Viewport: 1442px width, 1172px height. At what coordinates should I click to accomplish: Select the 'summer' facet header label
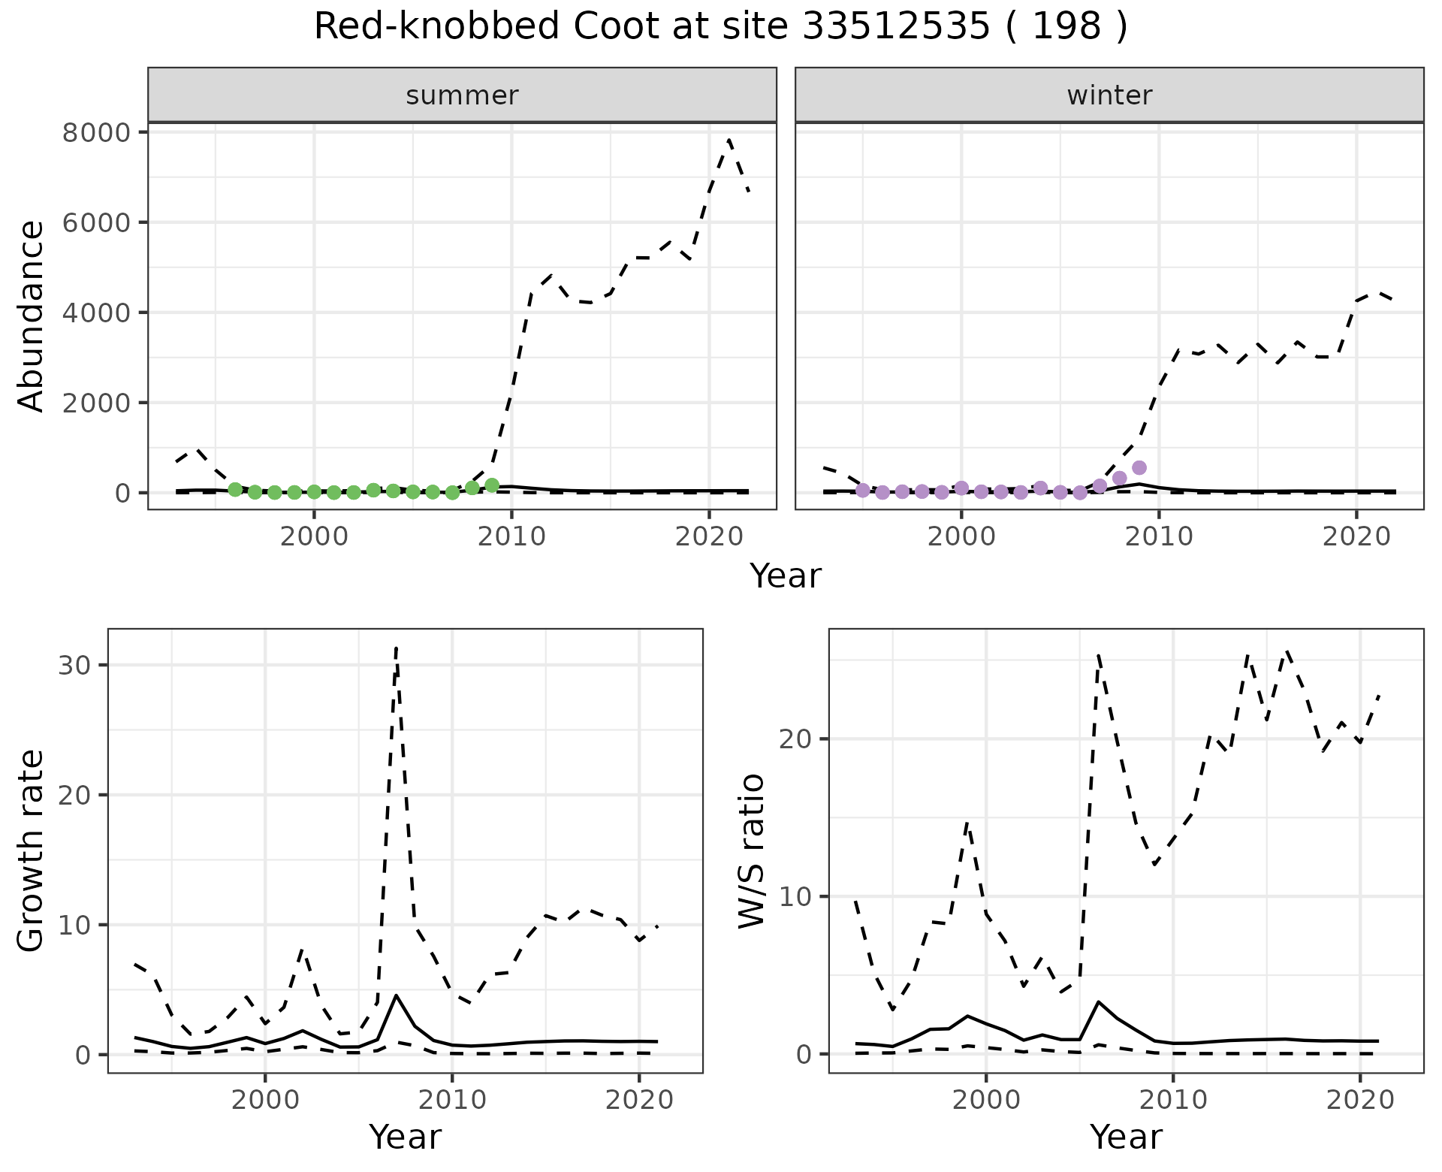pyautogui.click(x=462, y=95)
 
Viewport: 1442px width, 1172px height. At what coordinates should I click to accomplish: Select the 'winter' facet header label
pyautogui.click(x=1109, y=95)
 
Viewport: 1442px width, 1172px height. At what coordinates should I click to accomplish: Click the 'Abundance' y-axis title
pyautogui.click(x=31, y=316)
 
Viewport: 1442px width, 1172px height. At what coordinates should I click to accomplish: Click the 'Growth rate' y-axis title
pyautogui.click(x=31, y=850)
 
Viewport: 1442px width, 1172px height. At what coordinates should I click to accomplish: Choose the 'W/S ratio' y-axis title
pyautogui.click(x=751, y=850)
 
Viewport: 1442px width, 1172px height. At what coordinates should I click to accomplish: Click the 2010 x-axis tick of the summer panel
pyautogui.click(x=511, y=536)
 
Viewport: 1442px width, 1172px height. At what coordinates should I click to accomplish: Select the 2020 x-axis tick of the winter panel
pyautogui.click(x=1356, y=536)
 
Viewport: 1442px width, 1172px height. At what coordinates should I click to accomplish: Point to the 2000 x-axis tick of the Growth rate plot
pyautogui.click(x=264, y=1100)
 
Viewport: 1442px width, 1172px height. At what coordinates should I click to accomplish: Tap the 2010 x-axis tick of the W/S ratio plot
pyautogui.click(x=1173, y=1100)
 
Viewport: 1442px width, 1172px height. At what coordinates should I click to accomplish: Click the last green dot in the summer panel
pyautogui.click(x=492, y=485)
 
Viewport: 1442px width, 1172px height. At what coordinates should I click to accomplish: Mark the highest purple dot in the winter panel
pyautogui.click(x=1139, y=467)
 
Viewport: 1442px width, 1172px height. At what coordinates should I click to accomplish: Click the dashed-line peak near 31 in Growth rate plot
pyautogui.click(x=396, y=647)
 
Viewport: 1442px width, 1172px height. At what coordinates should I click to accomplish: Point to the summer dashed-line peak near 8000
pyautogui.click(x=729, y=140)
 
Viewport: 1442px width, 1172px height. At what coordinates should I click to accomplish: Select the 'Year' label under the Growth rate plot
pyautogui.click(x=405, y=1137)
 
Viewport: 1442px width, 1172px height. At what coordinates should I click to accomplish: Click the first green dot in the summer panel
pyautogui.click(x=235, y=490)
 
